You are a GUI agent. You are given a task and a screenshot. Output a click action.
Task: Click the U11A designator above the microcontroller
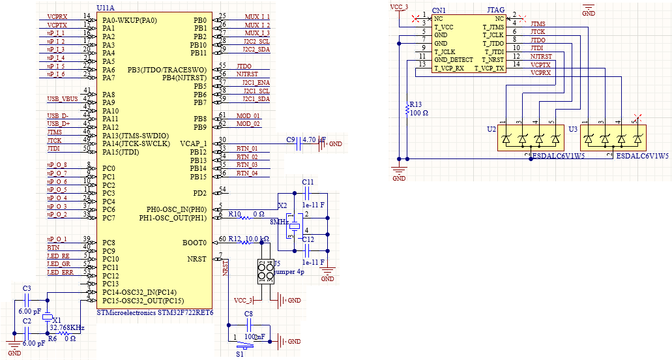tap(105, 7)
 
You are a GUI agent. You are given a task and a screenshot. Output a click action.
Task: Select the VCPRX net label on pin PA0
tap(57, 16)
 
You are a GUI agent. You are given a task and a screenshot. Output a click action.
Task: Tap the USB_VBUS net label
tap(62, 98)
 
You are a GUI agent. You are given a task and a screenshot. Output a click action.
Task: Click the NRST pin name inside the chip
tap(196, 259)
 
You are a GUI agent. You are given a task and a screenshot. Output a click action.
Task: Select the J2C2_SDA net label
tap(256, 50)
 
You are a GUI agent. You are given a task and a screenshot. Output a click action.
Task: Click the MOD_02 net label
tap(248, 123)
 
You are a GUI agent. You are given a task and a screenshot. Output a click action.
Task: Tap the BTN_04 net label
tap(246, 173)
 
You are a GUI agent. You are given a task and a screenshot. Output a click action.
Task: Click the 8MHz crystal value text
tap(280, 222)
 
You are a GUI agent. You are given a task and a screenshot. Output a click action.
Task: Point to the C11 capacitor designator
tap(308, 182)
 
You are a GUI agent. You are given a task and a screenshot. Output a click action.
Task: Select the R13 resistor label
tap(415, 104)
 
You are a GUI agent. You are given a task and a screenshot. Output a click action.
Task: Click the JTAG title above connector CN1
tap(495, 10)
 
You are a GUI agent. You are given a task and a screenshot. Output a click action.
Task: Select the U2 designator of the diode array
tap(491, 129)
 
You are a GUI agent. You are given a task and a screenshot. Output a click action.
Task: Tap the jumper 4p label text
tap(288, 271)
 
